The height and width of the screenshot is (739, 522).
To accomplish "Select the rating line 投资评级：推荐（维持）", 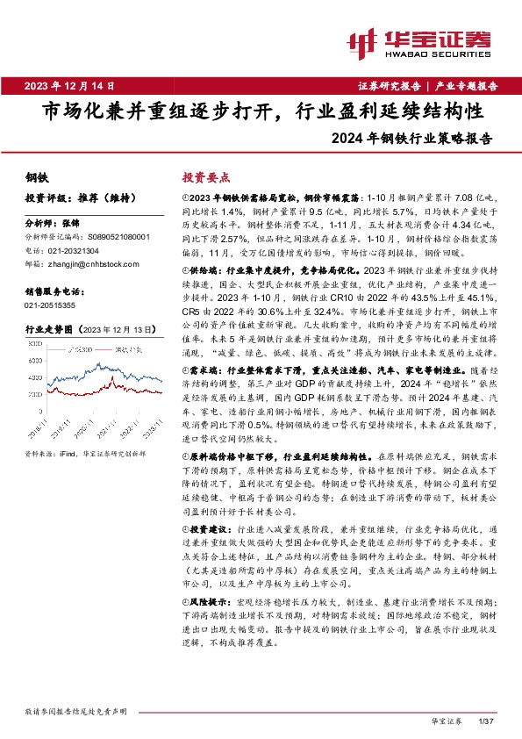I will click(71, 197).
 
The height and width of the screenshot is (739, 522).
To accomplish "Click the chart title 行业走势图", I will click(50, 327).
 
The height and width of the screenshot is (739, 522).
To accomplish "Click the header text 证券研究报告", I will click(390, 86).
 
